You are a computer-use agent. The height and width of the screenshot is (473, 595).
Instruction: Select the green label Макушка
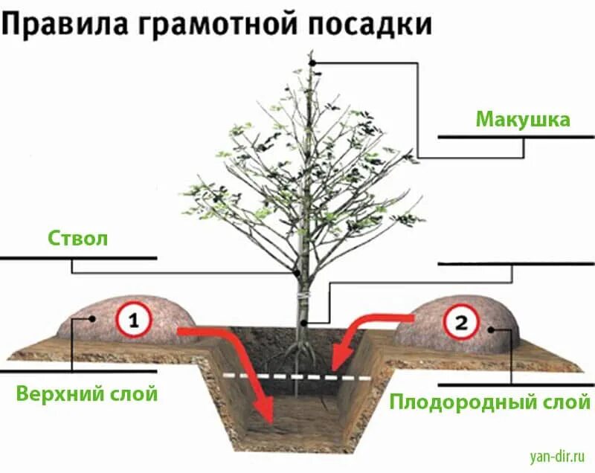click(x=523, y=119)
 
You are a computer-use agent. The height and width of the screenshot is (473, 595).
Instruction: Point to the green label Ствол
click(x=78, y=239)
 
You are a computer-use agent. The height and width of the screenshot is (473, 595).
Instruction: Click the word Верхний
click(x=60, y=393)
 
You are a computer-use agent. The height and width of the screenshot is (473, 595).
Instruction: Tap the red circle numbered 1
click(x=134, y=321)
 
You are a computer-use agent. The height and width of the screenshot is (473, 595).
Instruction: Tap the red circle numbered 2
click(x=461, y=324)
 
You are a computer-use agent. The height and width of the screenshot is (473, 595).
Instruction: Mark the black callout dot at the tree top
click(x=313, y=62)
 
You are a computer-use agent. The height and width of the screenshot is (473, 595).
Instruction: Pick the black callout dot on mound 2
click(x=491, y=327)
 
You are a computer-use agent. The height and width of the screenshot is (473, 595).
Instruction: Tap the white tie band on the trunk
click(x=303, y=297)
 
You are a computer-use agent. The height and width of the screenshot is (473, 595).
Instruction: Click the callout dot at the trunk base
click(x=304, y=323)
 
